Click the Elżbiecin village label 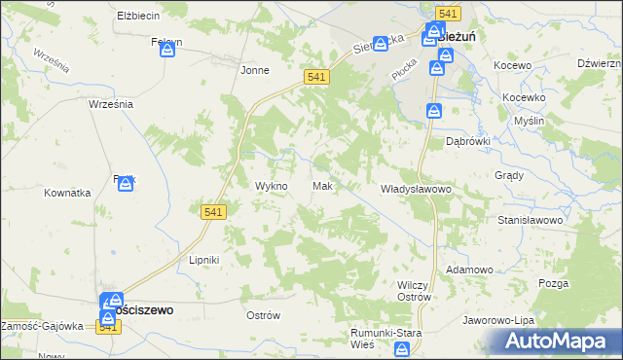point(137,17)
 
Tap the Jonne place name point(255,70)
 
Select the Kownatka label point(67,193)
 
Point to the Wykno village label point(271,186)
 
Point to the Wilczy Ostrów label point(415,290)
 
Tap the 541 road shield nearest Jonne point(314,76)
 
